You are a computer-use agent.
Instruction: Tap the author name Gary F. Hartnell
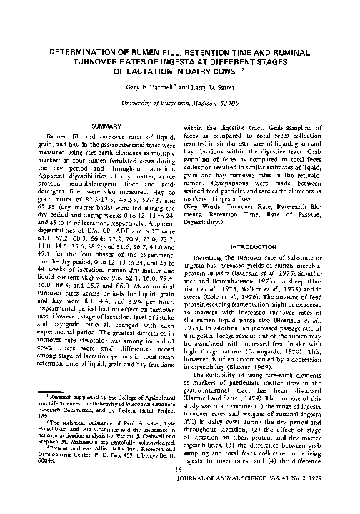(153, 85)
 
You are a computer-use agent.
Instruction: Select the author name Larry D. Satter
(214, 85)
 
